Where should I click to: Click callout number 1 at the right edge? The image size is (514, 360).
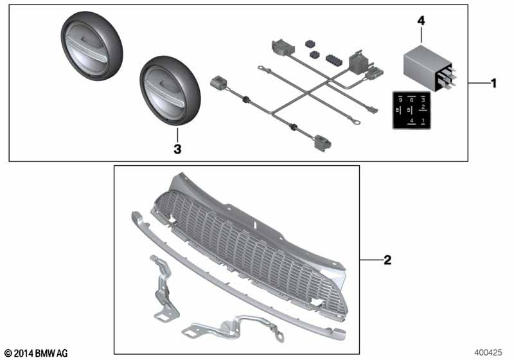coord(493,84)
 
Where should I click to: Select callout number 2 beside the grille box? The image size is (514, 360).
coord(387,260)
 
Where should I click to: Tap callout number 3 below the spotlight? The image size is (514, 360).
coord(178,148)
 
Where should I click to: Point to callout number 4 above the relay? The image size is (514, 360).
coord(421,21)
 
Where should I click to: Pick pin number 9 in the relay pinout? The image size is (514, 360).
coord(400,100)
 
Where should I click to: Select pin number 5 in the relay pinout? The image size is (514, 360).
coord(409,111)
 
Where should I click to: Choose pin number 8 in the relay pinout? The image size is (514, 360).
coord(398,111)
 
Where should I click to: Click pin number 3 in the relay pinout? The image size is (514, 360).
coord(423,100)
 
